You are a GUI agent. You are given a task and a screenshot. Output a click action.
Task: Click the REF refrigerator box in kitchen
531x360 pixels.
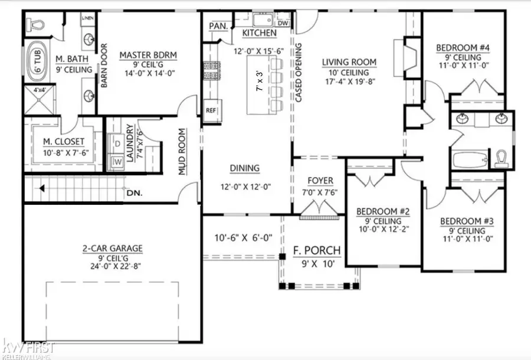pyautogui.click(x=211, y=110)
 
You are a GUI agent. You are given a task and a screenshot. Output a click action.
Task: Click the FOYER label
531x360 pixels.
pyautogui.click(x=321, y=181)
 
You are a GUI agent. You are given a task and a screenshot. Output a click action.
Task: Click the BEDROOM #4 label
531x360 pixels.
pyautogui.click(x=464, y=48)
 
